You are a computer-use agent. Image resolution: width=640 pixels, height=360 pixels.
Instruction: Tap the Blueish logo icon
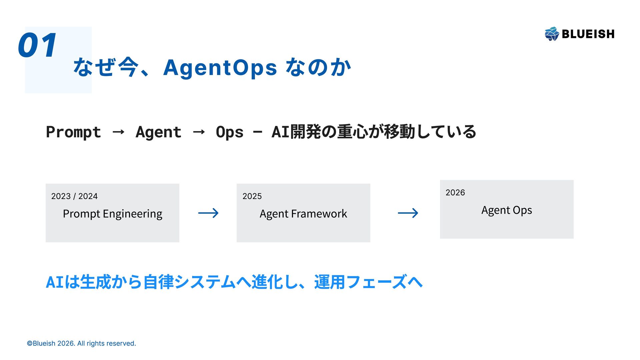pos(552,34)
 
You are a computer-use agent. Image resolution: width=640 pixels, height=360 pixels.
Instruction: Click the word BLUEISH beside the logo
pos(588,34)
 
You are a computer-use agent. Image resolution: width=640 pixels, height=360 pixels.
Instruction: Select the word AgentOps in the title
pos(220,68)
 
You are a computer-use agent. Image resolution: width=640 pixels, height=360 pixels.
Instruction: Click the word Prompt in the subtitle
pos(73,132)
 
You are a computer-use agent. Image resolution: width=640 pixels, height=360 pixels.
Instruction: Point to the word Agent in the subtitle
pos(158,132)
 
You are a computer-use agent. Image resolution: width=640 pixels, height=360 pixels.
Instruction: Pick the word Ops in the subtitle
pos(230,132)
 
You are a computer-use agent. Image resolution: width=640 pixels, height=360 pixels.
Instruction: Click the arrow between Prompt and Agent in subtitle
pos(118,132)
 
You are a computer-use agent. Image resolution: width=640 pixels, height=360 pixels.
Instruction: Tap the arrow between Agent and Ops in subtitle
pos(199,132)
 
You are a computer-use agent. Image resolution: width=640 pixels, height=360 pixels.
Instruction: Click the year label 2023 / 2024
pos(74,196)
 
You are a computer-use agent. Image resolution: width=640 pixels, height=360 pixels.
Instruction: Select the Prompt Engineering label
pos(112,214)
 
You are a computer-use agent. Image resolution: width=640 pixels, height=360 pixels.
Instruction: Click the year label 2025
pos(252,196)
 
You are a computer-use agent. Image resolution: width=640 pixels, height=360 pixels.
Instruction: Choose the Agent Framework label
pos(303,214)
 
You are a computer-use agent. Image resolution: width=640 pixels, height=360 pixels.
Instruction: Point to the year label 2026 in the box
pos(455,193)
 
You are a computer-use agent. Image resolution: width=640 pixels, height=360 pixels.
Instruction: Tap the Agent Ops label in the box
pos(507,210)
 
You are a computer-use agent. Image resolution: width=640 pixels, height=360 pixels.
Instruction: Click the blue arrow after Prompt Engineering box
pos(208,213)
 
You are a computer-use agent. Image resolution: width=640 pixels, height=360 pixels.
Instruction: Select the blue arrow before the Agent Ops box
pos(408,213)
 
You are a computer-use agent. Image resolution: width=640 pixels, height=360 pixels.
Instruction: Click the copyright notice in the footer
pos(81,343)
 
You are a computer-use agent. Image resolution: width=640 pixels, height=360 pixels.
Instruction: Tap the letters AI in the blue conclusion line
pos(55,282)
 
